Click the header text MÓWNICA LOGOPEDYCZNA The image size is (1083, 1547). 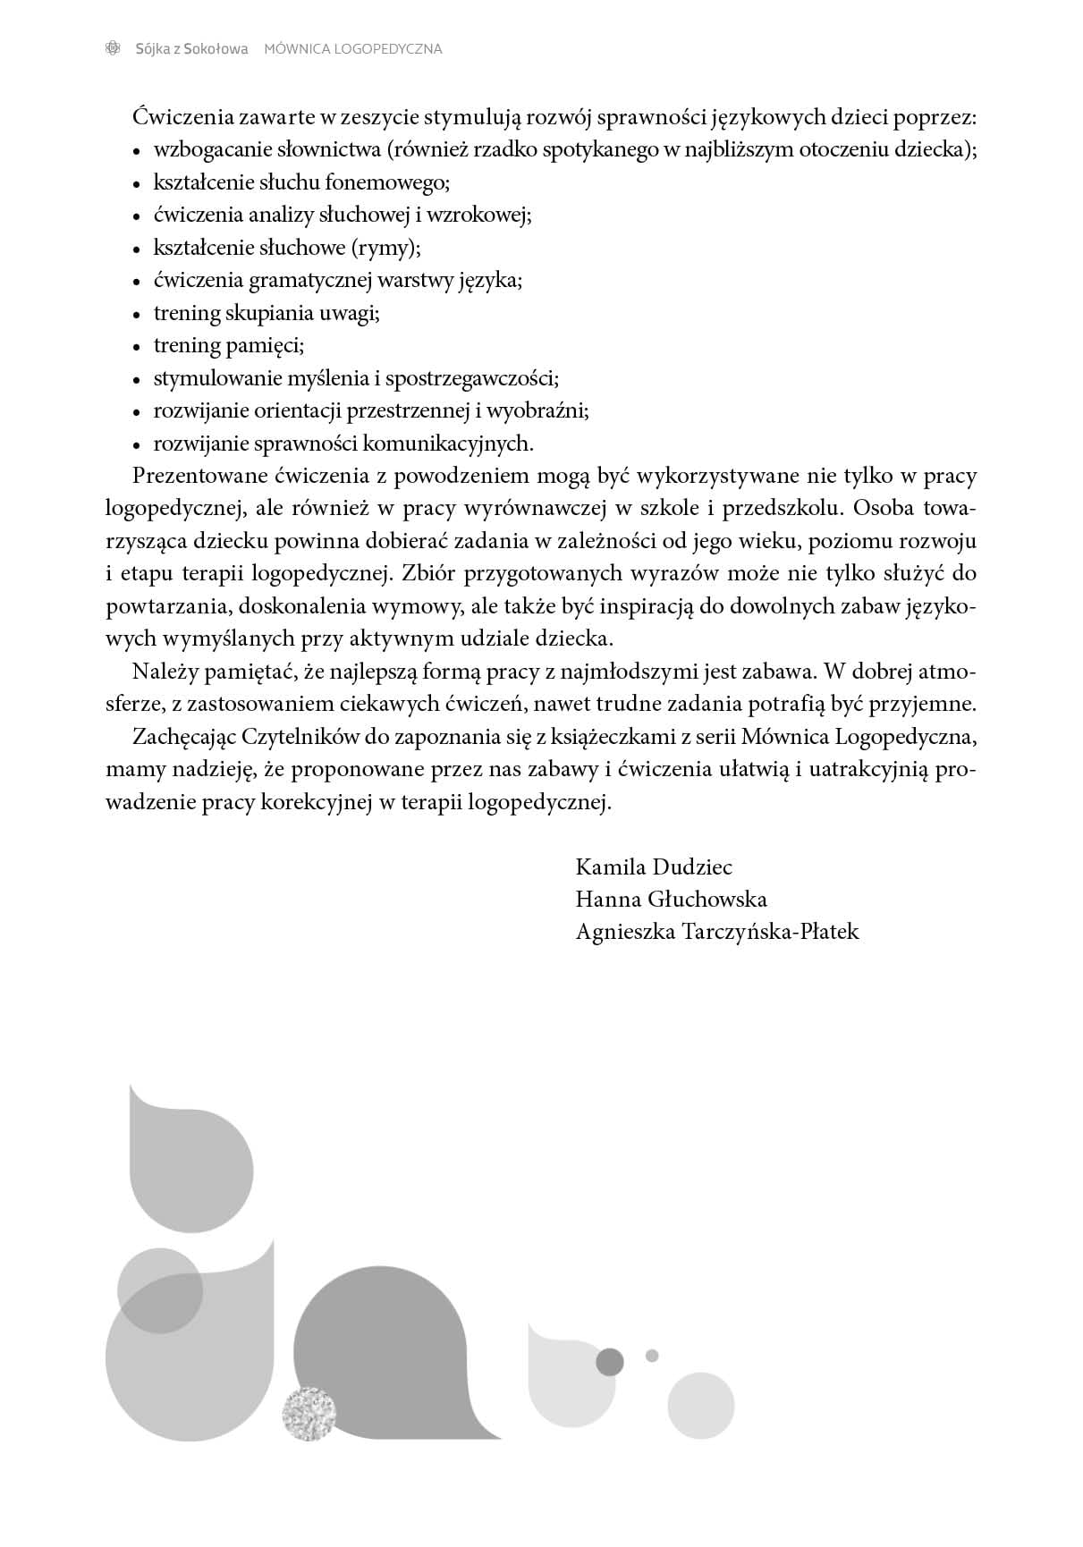pyautogui.click(x=353, y=49)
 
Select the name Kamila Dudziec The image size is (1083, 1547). pyautogui.click(x=654, y=866)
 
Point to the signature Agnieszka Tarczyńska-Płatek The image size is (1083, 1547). pyautogui.click(x=717, y=932)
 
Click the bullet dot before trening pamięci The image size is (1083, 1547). pyautogui.click(x=137, y=347)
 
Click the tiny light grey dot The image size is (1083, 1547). pyautogui.click(x=652, y=1356)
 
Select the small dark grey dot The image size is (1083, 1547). pyautogui.click(x=610, y=1362)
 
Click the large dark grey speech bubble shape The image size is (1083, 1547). pyautogui.click(x=385, y=1359)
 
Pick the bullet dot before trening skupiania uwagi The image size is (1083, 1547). pyautogui.click(x=137, y=315)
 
